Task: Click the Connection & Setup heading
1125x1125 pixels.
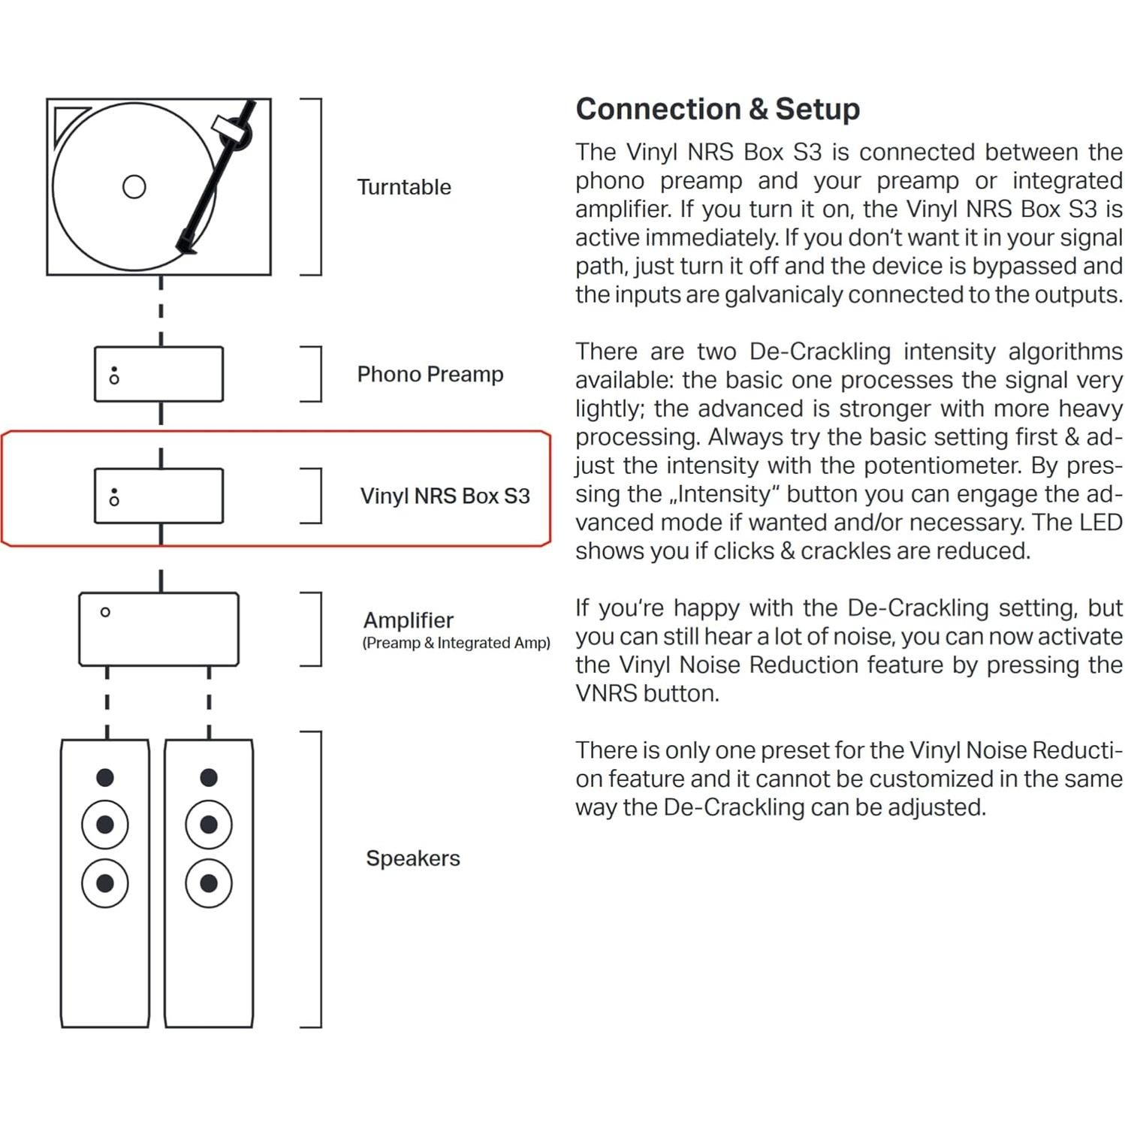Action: (x=717, y=109)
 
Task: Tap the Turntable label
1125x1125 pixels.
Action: (x=404, y=187)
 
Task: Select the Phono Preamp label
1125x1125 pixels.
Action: (x=430, y=374)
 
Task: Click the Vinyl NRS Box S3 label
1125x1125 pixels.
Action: (x=445, y=496)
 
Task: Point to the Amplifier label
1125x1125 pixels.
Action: (x=408, y=620)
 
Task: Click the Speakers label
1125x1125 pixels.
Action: (x=412, y=858)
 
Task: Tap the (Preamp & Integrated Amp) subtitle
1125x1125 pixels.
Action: (x=456, y=643)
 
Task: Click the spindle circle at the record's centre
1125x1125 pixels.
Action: (x=134, y=186)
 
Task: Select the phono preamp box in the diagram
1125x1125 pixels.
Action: (x=158, y=374)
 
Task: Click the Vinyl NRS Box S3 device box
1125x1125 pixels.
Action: (x=158, y=496)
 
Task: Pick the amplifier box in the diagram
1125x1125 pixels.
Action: (x=158, y=629)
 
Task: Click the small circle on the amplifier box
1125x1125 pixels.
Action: (x=105, y=612)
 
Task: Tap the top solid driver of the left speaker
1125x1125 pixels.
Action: (x=105, y=777)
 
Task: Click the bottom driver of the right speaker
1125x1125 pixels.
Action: (x=209, y=883)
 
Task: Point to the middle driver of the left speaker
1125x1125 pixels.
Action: (x=105, y=825)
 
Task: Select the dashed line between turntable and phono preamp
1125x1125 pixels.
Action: (x=161, y=310)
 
